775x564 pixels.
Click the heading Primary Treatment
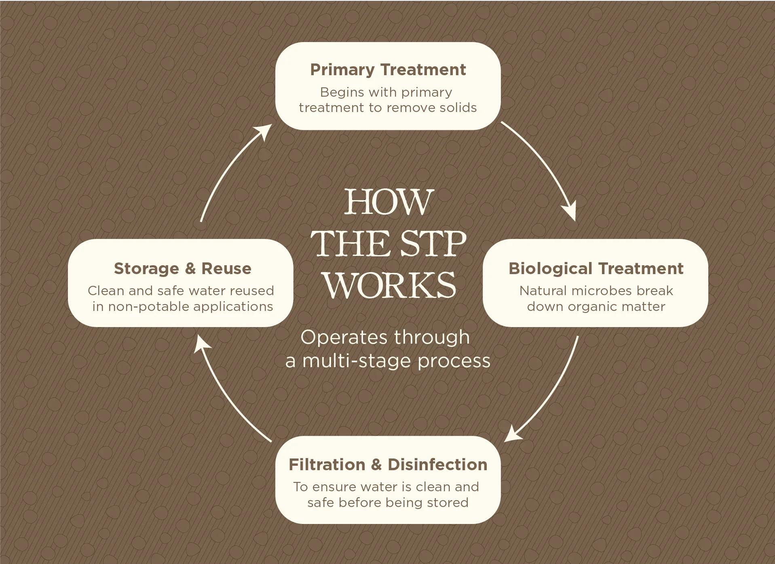[388, 70]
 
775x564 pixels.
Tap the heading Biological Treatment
[596, 269]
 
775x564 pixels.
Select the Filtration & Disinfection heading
[388, 465]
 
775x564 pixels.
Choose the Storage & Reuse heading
[182, 269]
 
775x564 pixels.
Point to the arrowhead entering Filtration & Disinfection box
[513, 434]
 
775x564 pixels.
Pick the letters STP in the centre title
[433, 244]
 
